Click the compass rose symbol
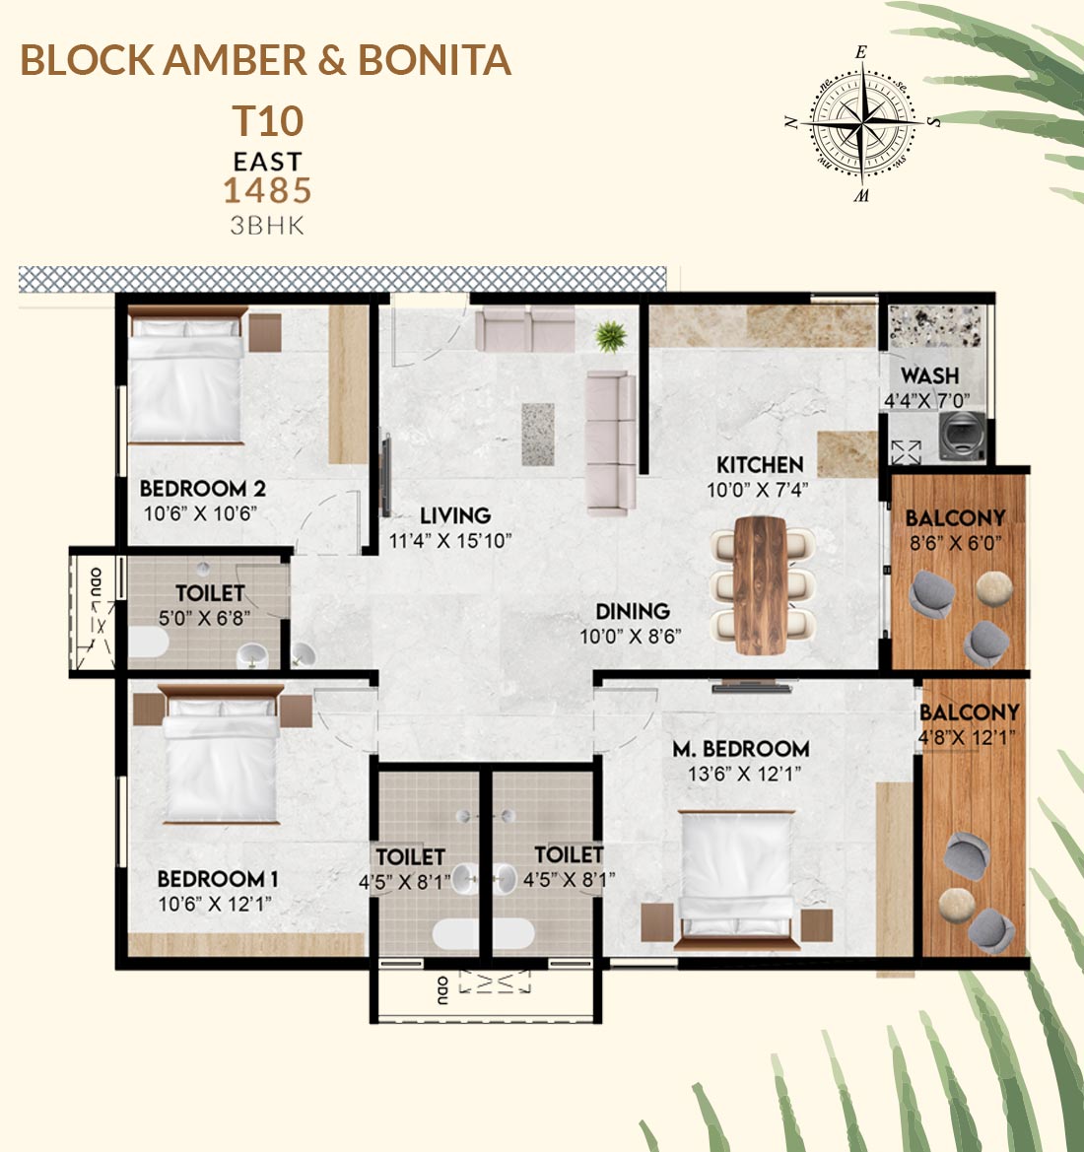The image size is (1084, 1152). click(861, 123)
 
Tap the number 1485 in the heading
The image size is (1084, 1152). click(267, 190)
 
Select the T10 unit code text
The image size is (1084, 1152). click(267, 121)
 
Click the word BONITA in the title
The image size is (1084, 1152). click(435, 60)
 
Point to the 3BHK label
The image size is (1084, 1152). click(267, 226)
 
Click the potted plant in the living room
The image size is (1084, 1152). click(611, 336)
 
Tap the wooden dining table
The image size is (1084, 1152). click(760, 584)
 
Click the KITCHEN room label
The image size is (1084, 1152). click(760, 465)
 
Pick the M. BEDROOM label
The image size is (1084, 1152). click(741, 749)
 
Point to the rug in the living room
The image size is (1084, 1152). click(538, 435)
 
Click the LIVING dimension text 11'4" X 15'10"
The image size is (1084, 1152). click(449, 541)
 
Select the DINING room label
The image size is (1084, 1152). click(632, 611)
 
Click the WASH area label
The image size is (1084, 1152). click(929, 375)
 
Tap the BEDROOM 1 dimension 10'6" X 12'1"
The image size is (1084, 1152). click(215, 904)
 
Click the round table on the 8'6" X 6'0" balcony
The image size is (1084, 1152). click(994, 588)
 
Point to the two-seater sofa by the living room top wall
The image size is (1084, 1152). click(524, 329)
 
